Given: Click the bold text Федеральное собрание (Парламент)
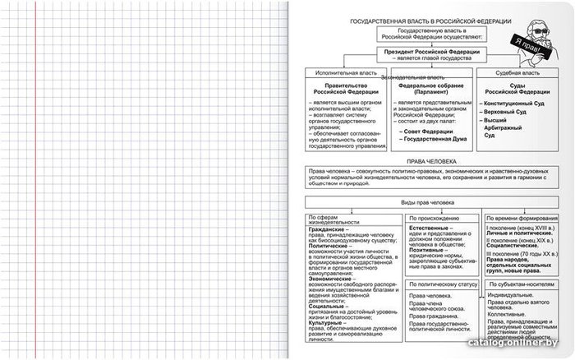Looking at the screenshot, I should point(431,88).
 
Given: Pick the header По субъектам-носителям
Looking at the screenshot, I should point(522,284).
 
